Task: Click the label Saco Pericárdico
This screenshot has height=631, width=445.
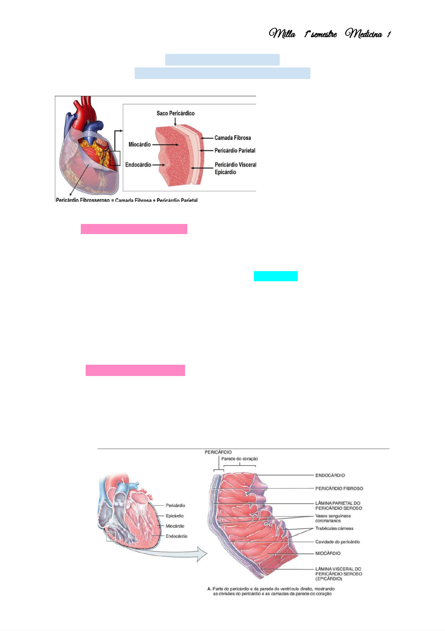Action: pyautogui.click(x=175, y=113)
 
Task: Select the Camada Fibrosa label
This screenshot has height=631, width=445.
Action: pyautogui.click(x=232, y=138)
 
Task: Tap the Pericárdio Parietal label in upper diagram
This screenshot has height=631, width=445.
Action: pyautogui.click(x=235, y=151)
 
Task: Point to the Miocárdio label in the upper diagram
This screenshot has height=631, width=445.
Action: pyautogui.click(x=139, y=145)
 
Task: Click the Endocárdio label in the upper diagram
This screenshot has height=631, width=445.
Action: pyautogui.click(x=138, y=165)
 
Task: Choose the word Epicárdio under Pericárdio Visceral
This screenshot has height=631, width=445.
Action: pyautogui.click(x=225, y=172)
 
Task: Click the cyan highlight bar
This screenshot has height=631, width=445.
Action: pyautogui.click(x=276, y=276)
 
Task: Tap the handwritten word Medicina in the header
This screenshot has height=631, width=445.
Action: pyautogui.click(x=364, y=34)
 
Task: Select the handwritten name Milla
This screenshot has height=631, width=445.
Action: pyautogui.click(x=282, y=34)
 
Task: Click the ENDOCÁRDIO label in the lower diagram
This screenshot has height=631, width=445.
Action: pyautogui.click(x=330, y=475)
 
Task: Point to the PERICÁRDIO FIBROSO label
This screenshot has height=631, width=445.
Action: pyautogui.click(x=339, y=488)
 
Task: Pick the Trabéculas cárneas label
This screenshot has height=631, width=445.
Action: pyautogui.click(x=334, y=528)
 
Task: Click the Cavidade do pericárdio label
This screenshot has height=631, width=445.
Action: pyautogui.click(x=337, y=542)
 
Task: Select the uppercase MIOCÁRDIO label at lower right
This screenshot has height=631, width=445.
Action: pyautogui.click(x=328, y=553)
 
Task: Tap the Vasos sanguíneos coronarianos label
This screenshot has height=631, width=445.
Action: pyautogui.click(x=332, y=518)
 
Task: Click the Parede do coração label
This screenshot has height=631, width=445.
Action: pyautogui.click(x=239, y=459)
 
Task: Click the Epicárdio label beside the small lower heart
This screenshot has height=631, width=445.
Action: pyautogui.click(x=175, y=516)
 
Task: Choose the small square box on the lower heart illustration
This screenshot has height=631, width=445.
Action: pyautogui.click(x=111, y=537)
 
